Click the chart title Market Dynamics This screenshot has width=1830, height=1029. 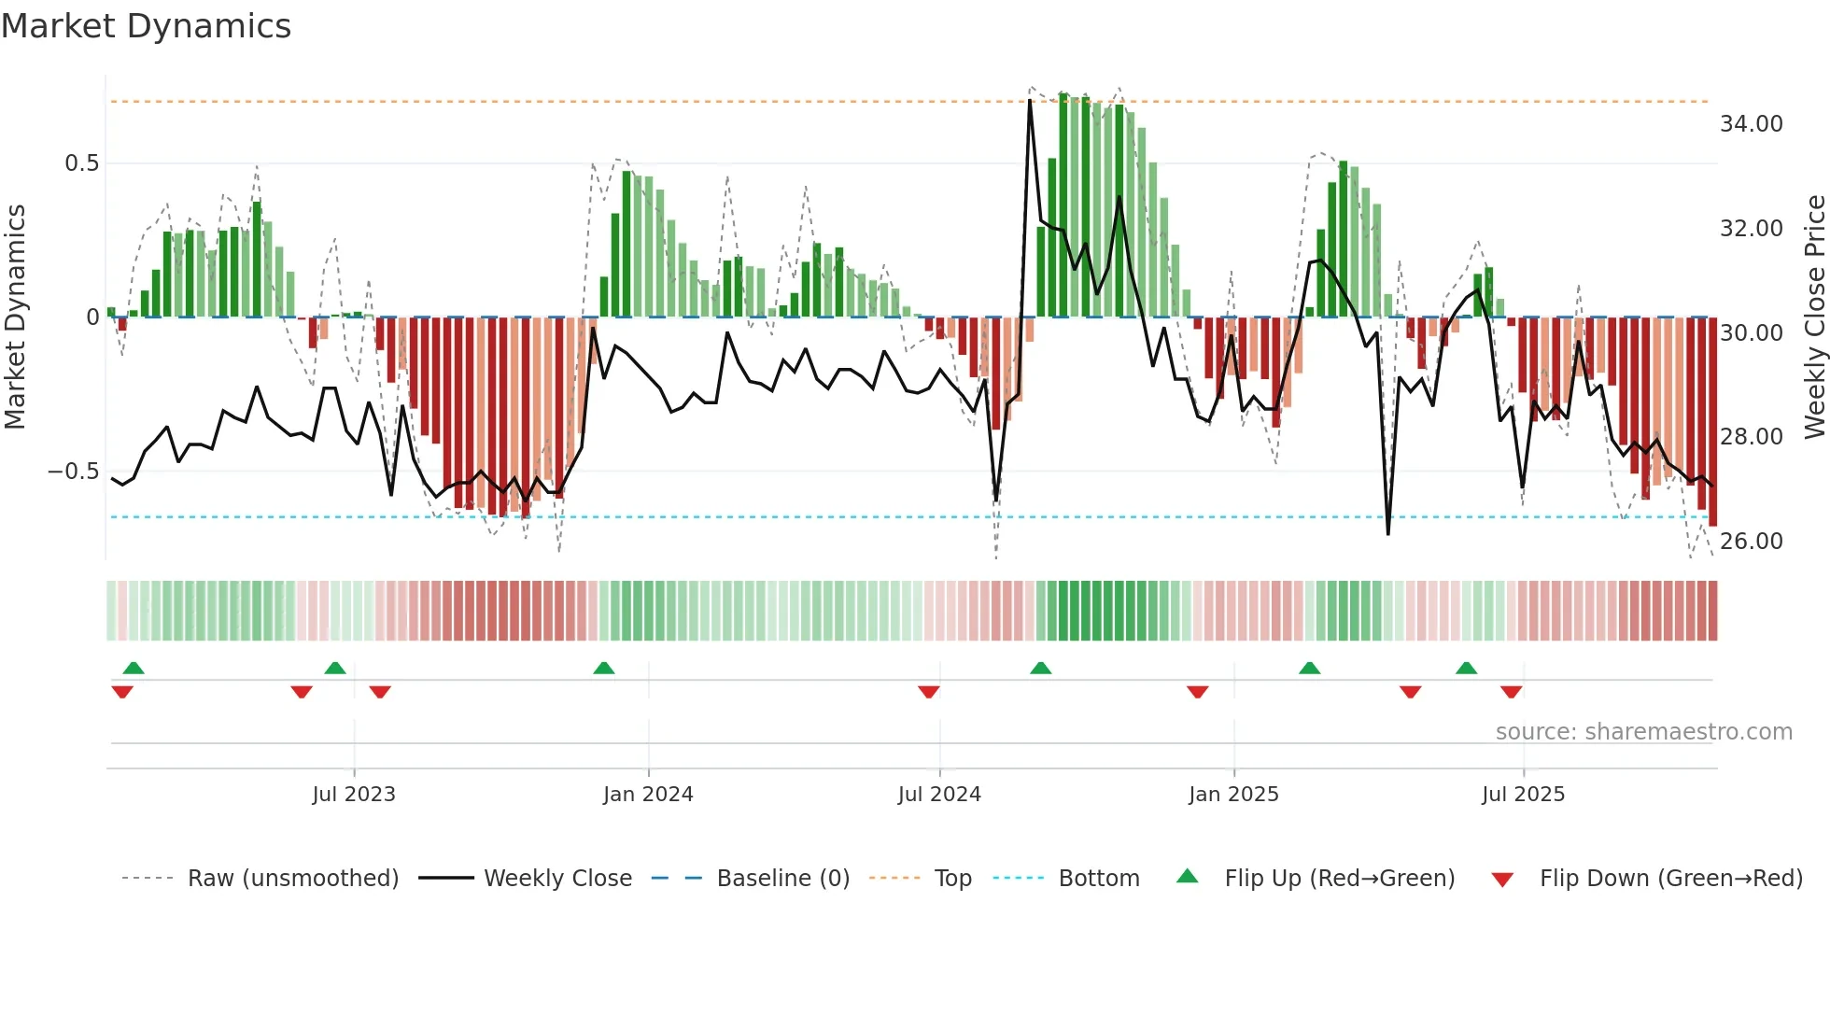[146, 26]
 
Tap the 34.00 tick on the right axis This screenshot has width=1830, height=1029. [1751, 124]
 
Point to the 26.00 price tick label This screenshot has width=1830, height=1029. [1751, 542]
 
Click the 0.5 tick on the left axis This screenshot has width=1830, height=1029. [81, 163]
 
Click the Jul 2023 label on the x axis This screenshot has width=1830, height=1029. [354, 795]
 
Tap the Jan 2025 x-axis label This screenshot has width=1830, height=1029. [1233, 795]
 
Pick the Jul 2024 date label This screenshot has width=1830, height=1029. [939, 795]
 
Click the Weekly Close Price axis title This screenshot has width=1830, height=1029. [1814, 317]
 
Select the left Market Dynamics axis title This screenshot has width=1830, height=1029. [15, 317]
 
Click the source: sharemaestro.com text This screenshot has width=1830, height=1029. [1643, 732]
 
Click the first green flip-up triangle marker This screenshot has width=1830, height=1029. [134, 669]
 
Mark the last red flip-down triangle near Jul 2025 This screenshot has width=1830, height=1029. [1512, 692]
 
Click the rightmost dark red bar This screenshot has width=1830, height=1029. [1712, 420]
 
